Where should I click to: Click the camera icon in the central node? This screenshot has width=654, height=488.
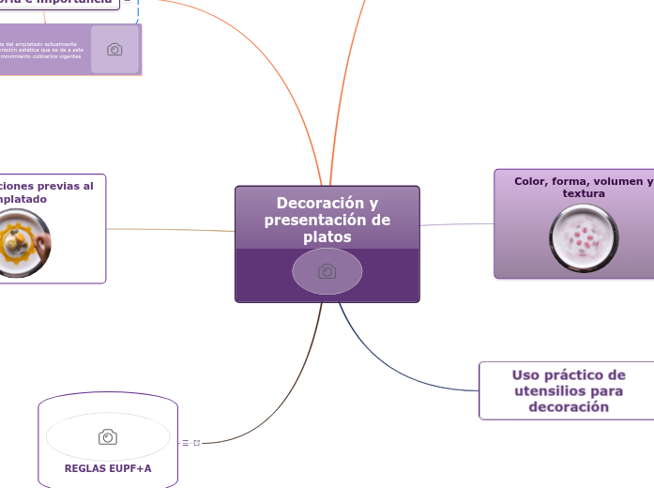(x=327, y=271)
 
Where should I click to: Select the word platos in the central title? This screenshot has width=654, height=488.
(x=327, y=237)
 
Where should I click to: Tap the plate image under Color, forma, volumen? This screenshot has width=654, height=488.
(x=584, y=238)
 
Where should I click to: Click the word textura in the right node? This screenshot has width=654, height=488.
(x=584, y=193)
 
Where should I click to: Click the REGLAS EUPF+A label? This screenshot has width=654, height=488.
(x=108, y=468)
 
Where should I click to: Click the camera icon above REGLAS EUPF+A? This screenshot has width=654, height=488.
(x=108, y=436)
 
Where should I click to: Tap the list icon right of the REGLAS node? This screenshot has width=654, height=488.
(x=186, y=442)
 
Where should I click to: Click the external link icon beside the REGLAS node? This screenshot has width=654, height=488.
(x=196, y=442)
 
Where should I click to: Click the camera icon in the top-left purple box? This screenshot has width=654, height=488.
(x=114, y=50)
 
